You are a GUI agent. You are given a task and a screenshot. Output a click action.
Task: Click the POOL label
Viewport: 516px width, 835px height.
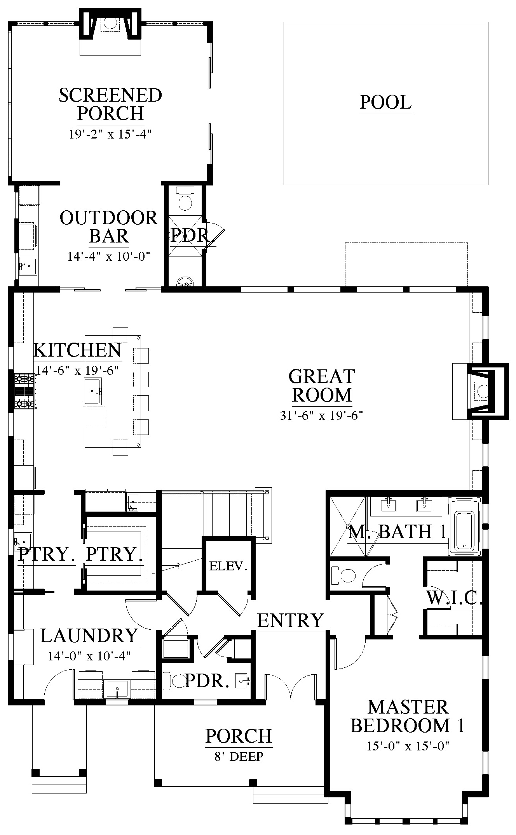tap(385, 102)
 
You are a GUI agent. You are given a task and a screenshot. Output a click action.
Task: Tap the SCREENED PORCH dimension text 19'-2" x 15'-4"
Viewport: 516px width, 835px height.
tap(110, 134)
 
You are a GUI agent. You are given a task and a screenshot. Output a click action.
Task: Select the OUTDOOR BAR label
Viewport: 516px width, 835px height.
tap(109, 227)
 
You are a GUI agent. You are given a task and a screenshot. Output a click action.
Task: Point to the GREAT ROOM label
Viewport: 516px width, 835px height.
tap(322, 386)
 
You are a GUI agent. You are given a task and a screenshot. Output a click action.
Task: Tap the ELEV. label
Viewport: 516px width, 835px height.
tap(228, 566)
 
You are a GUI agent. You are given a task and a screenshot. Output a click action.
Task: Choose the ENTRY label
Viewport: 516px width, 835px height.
tap(291, 620)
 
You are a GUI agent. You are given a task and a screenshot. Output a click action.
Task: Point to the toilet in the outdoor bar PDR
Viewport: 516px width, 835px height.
tap(185, 199)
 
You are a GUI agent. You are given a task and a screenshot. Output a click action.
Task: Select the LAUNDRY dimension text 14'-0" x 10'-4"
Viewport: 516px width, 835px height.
tap(89, 656)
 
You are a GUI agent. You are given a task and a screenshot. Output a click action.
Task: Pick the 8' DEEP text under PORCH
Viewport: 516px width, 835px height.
tap(239, 756)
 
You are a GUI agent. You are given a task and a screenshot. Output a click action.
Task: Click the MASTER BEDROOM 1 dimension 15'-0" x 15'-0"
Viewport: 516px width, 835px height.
tap(408, 745)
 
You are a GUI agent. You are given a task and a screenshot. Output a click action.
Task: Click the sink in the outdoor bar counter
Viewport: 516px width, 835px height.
tap(28, 266)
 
